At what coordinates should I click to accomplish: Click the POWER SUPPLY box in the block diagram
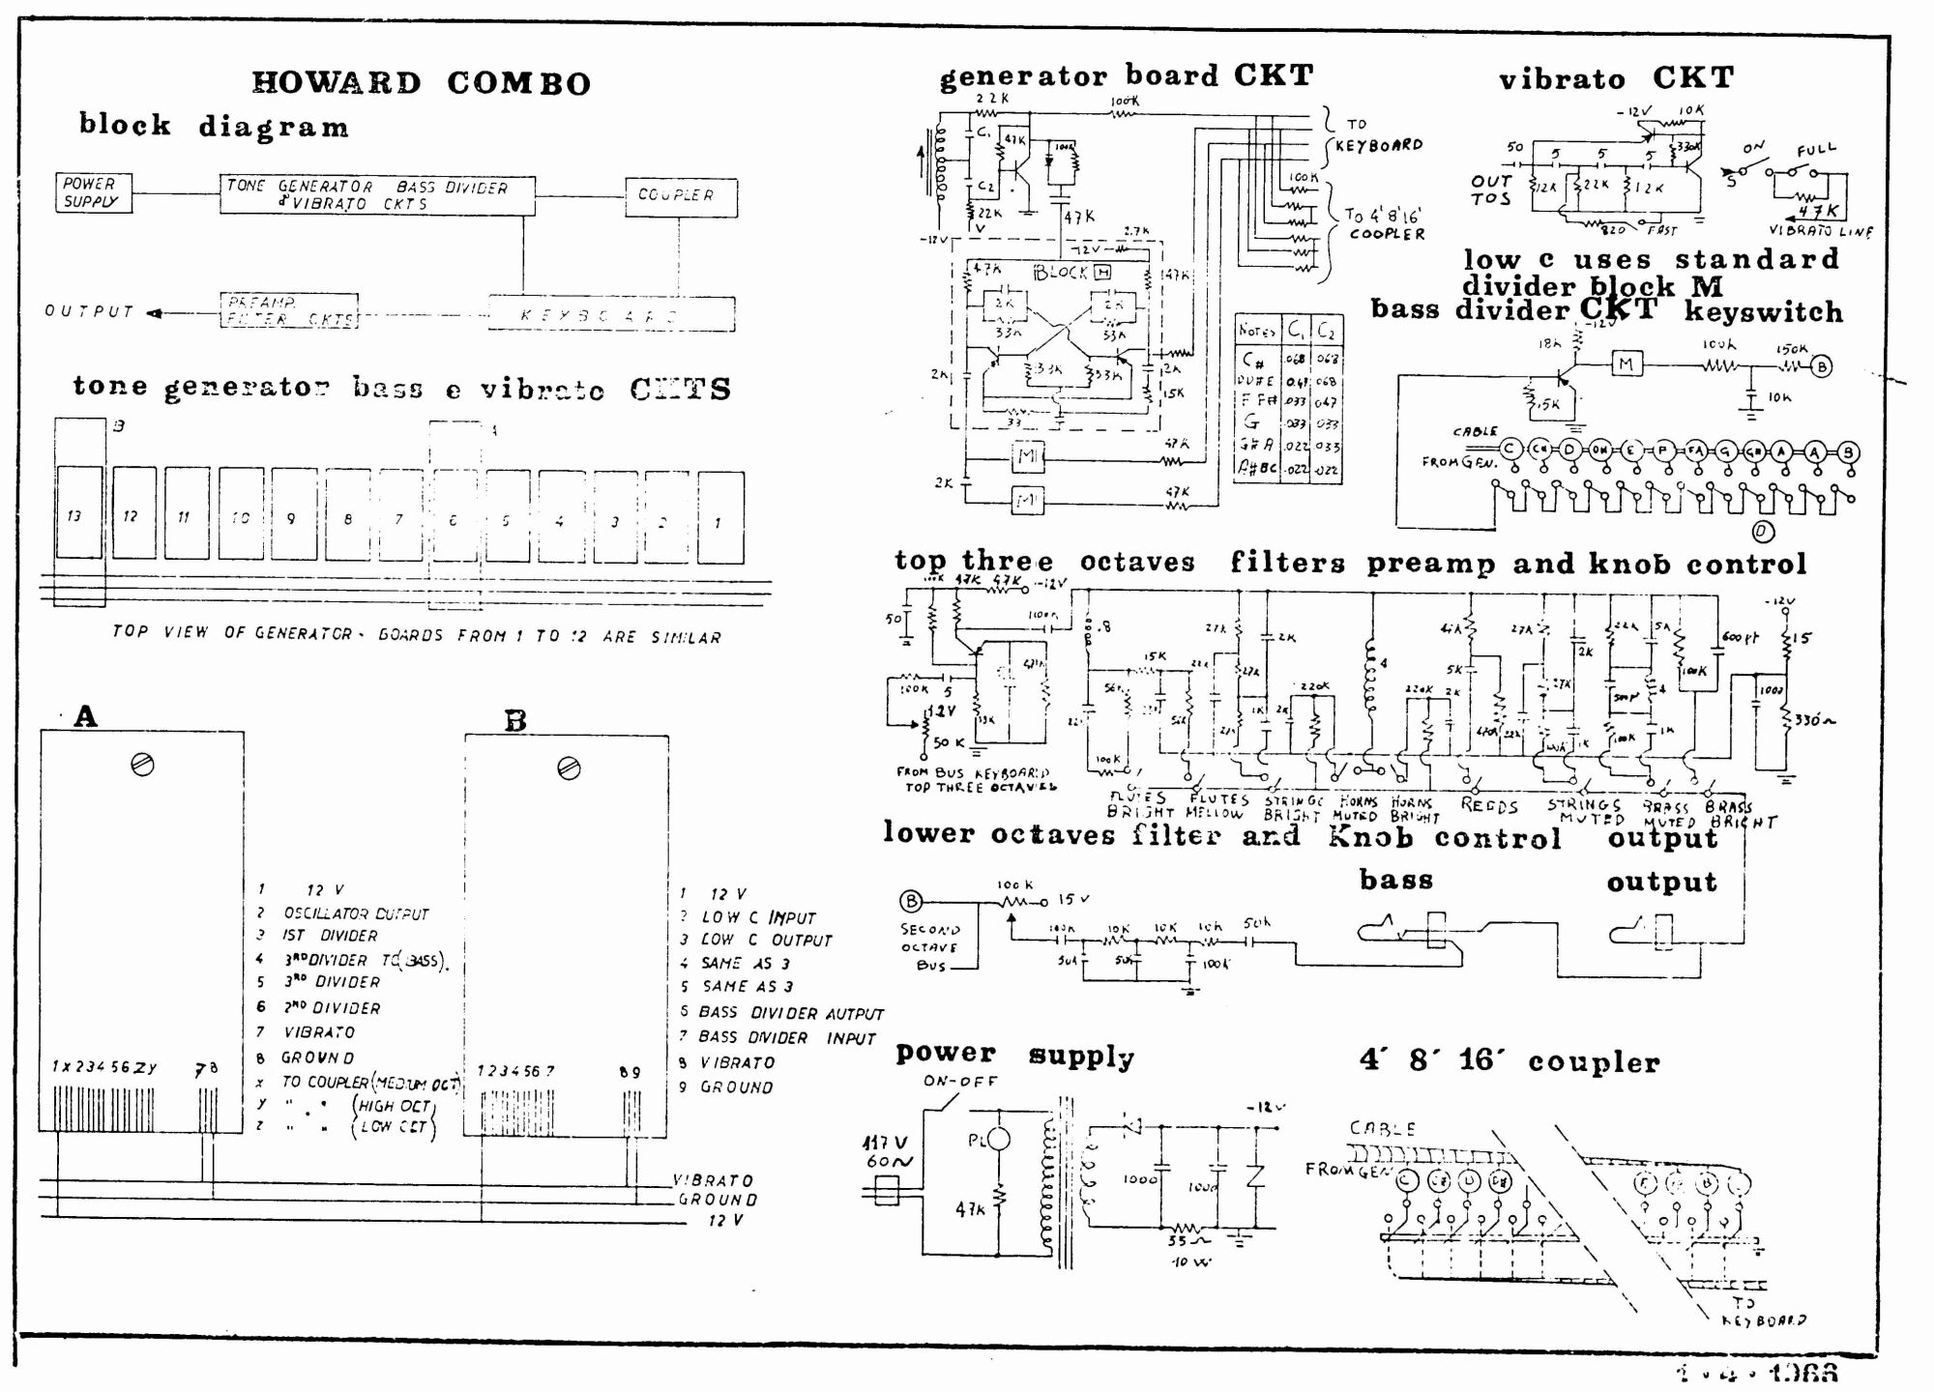coord(93,192)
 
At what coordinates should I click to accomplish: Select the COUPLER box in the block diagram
coord(680,196)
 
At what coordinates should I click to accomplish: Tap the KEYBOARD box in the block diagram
coord(610,314)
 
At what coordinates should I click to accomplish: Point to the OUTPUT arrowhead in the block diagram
coord(155,312)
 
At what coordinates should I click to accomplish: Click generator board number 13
coord(77,513)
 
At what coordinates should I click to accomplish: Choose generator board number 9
coord(292,515)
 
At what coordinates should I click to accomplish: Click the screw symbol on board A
coord(142,765)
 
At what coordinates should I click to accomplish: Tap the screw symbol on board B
coord(569,768)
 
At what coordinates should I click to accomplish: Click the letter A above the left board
coord(85,716)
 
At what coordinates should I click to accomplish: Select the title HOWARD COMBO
coord(421,83)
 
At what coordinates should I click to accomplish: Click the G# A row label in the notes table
coord(1257,445)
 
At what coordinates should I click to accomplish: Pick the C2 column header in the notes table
coord(1326,331)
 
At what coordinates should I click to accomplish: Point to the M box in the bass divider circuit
coord(1626,364)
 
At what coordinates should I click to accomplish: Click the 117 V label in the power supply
coord(884,1143)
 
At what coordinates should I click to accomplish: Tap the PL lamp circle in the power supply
coord(998,1140)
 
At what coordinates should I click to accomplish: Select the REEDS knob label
coord(1488,805)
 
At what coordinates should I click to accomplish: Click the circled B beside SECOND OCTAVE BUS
coord(911,901)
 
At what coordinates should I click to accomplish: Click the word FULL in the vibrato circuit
coord(1816,151)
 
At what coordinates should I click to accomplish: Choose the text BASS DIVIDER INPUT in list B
coord(786,1037)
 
